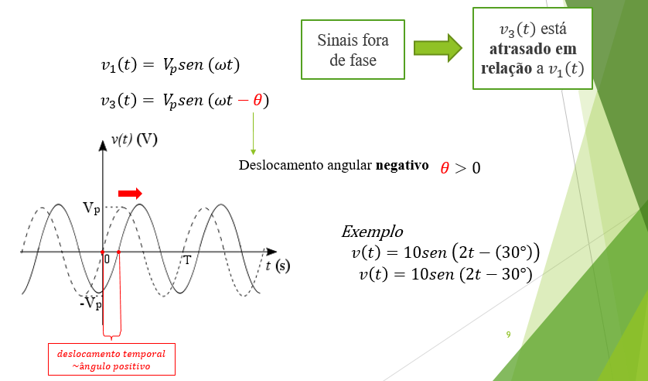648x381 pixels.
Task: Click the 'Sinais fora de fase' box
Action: coord(353,50)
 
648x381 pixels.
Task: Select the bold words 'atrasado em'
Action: coord(534,49)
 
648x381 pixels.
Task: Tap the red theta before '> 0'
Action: coord(445,167)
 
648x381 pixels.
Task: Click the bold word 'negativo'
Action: coord(402,165)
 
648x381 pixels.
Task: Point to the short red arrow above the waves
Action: coord(130,193)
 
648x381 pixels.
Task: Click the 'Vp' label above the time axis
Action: coord(90,208)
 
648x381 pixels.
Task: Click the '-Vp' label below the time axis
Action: coord(90,304)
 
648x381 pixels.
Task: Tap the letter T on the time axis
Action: coord(186,259)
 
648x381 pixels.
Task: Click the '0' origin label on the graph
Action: coord(107,260)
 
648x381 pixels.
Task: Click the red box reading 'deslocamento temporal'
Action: coord(111,359)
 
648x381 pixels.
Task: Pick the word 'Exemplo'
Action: coord(372,232)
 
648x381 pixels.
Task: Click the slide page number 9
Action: coord(508,335)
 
